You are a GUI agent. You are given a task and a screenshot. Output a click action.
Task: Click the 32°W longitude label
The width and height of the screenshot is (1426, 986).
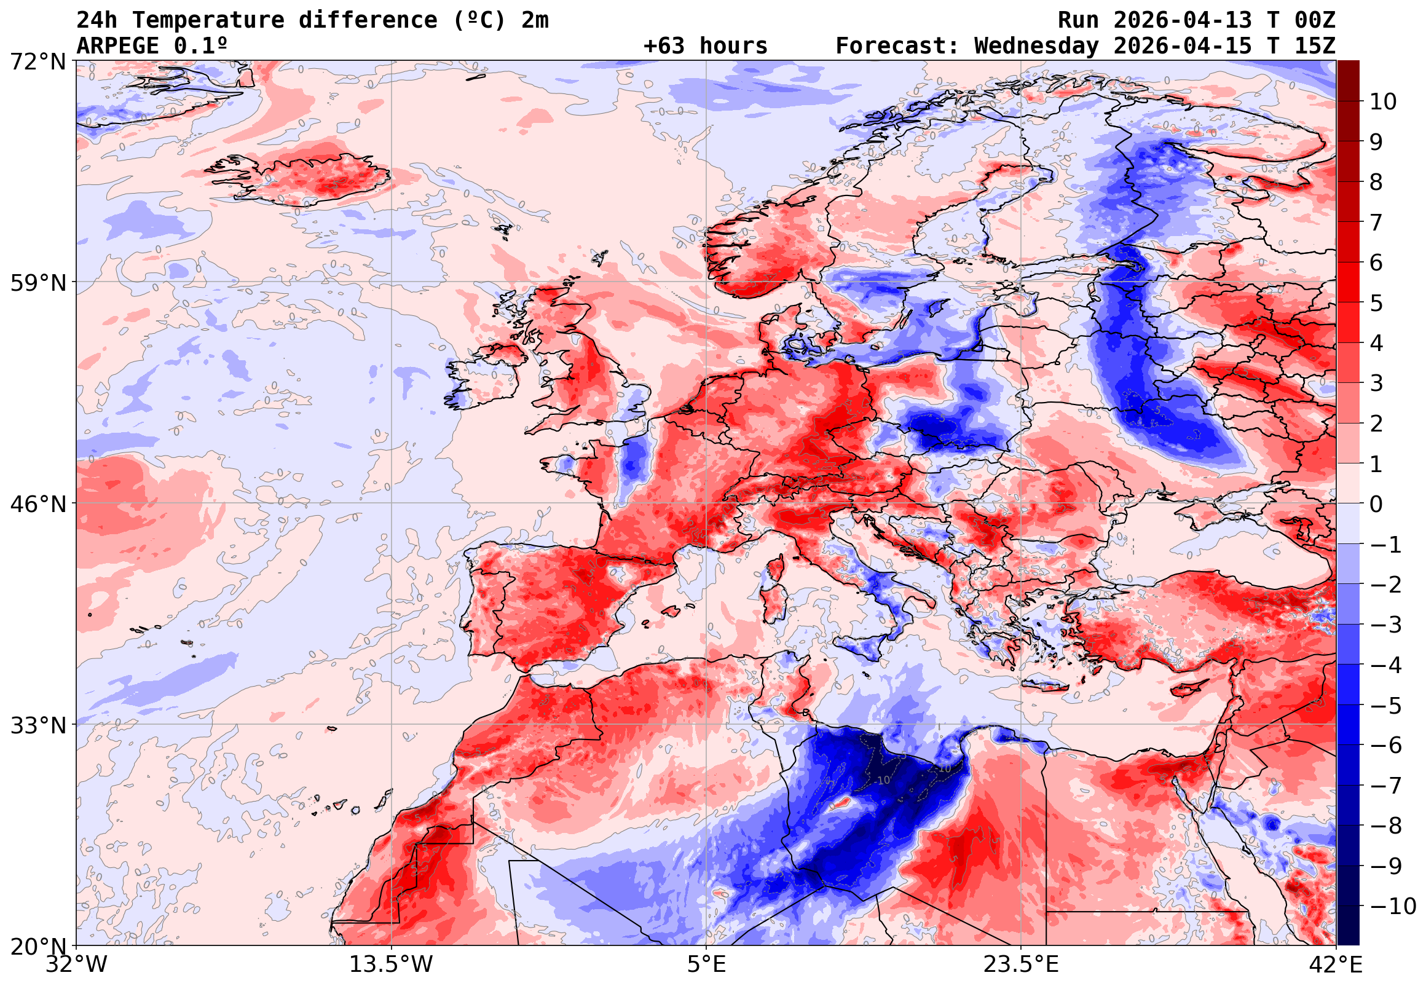point(77,965)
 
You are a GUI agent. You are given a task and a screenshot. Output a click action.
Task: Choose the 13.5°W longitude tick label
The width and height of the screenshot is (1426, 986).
point(392,965)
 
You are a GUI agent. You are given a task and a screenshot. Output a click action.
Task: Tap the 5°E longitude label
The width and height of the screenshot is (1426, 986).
point(706,965)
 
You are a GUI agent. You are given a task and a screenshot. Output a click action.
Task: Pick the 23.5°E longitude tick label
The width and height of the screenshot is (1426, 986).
point(1021,965)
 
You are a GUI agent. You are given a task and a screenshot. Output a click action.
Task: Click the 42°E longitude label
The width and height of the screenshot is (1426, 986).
point(1335,965)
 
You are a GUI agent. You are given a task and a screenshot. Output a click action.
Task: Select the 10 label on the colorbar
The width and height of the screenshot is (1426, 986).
point(1383,102)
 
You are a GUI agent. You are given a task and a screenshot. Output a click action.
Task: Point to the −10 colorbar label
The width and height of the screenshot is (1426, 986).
point(1393,906)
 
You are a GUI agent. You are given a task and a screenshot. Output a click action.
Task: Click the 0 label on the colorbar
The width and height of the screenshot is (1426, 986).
point(1376,504)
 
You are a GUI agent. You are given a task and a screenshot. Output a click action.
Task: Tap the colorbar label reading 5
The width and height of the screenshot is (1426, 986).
point(1376,303)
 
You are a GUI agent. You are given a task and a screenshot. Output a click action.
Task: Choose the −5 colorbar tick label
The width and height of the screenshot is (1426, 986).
point(1386,706)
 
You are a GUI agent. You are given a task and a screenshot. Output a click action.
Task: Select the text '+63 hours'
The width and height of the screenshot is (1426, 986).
point(705,46)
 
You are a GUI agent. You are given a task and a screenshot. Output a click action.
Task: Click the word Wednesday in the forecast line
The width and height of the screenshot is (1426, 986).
point(1037,46)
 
